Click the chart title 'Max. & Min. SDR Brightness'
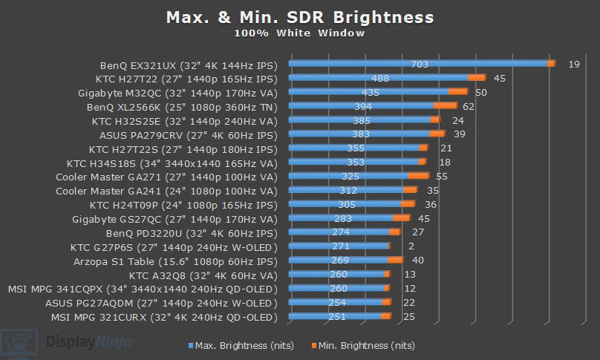pos(299,17)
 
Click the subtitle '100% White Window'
pos(299,33)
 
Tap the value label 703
pos(420,65)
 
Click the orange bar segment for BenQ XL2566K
pos(445,106)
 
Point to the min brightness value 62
pos(468,106)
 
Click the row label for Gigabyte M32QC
pos(177,92)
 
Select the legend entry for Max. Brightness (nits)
pos(241,345)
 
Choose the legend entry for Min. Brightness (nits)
pos(363,345)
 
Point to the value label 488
pos(380,78)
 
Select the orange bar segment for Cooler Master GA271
pos(418,177)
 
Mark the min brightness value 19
pos(573,65)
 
